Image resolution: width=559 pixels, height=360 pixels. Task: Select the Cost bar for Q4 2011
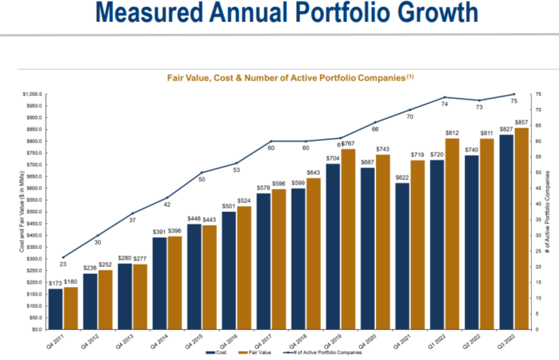(x=55, y=309)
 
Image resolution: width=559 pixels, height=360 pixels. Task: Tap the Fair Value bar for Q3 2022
(x=521, y=228)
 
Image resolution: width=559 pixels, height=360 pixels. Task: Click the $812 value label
(x=452, y=133)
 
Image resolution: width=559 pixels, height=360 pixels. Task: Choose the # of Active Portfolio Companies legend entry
(x=324, y=351)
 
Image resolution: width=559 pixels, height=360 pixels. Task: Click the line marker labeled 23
(x=64, y=258)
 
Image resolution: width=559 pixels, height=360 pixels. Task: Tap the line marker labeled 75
(x=514, y=94)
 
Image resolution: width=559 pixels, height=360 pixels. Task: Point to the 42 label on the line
(x=168, y=205)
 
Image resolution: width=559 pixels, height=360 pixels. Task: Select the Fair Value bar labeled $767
(x=348, y=239)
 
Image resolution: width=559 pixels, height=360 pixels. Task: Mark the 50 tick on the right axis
(x=539, y=173)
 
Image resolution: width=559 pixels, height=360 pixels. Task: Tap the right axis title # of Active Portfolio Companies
(x=548, y=212)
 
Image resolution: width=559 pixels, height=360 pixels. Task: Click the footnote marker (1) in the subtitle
(x=410, y=75)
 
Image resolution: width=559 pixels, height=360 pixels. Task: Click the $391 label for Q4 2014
(x=159, y=231)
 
